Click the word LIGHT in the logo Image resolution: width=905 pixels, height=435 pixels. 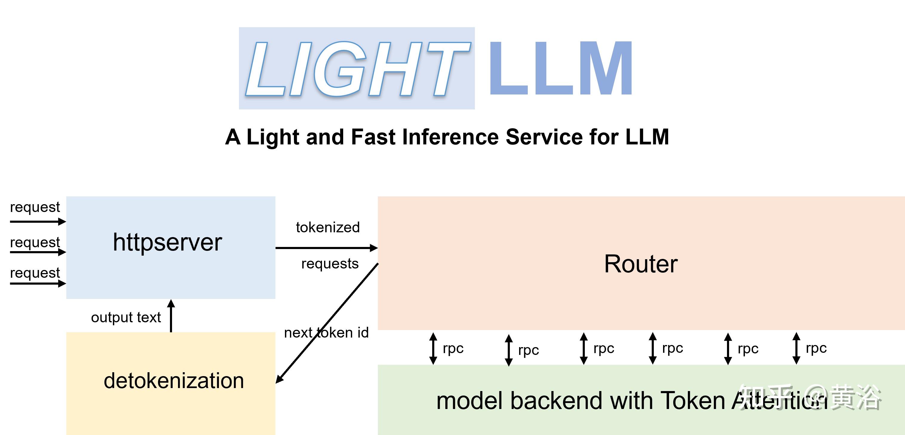(357, 68)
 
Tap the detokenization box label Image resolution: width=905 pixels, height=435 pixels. (174, 381)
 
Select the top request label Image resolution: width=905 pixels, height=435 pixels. (35, 207)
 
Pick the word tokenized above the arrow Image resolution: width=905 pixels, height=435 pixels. (328, 228)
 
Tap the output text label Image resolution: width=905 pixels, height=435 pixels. (126, 318)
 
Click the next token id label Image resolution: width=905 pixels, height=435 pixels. (326, 333)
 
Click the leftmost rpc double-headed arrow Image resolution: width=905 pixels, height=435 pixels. (433, 348)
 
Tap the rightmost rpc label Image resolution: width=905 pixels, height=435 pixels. (816, 348)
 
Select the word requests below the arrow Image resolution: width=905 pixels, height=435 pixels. (330, 264)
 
